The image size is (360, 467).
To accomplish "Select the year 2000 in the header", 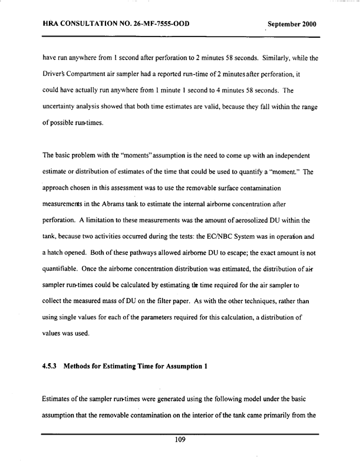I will coord(307,25).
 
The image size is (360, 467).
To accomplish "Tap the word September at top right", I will coord(281,25).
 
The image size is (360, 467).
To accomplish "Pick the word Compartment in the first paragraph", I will coord(87,74).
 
